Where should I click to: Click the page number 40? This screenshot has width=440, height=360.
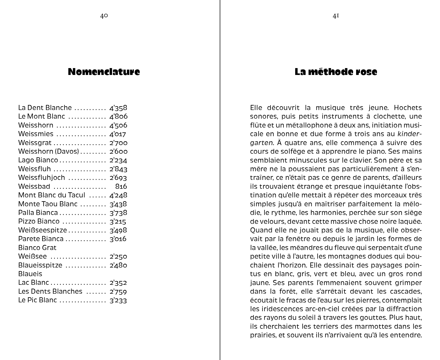[104, 16]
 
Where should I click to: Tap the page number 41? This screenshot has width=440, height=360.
[336, 16]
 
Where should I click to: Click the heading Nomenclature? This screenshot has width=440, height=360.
[104, 72]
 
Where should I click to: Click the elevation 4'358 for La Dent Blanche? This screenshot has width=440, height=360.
[118, 108]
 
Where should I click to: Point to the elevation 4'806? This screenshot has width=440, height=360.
[118, 116]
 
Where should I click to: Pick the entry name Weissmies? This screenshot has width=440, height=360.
[36, 134]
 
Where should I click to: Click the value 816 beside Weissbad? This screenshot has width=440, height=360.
[121, 186]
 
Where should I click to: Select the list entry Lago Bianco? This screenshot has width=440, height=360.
[38, 160]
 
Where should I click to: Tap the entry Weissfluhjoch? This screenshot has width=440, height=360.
[42, 178]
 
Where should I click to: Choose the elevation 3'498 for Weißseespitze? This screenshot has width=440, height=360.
[118, 230]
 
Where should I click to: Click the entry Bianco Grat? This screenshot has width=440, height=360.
[37, 248]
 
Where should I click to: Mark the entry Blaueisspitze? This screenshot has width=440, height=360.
[40, 265]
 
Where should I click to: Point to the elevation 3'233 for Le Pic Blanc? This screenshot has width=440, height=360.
[118, 300]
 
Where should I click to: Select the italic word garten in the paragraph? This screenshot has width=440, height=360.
[261, 143]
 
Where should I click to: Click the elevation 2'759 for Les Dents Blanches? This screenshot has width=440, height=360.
[118, 291]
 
